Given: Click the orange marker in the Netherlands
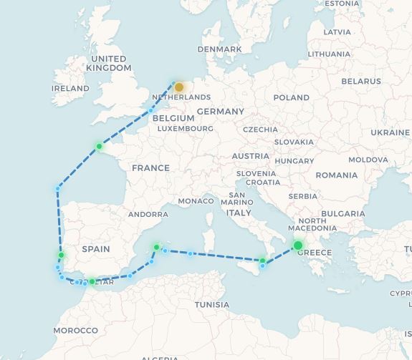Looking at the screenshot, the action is coord(179,87).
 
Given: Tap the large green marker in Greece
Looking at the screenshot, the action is coord(298,245).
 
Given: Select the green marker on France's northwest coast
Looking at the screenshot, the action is coord(100,147).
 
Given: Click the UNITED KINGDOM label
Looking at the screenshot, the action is coord(109,63).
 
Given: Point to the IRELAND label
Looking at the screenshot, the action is coord(70,89).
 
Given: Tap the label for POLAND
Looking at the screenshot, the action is coord(291,97).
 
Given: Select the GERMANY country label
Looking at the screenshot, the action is coord(221,112).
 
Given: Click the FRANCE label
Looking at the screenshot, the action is coord(150,168).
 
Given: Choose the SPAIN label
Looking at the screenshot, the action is coord(96,249).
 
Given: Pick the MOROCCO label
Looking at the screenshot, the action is coord(75,330).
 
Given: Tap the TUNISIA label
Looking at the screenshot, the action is coord(211,305).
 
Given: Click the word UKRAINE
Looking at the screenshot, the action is coord(390,133).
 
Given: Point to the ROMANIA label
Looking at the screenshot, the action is coord(336,175).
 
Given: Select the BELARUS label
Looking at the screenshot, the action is coord(361,82).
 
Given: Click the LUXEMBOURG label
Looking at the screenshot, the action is coord(185,129).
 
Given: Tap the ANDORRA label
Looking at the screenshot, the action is coord(148,214).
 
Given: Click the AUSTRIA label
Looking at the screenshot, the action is coord(250,156).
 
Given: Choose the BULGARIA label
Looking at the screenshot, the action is coord(343,214).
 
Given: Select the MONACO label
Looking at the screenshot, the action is coord(196,201).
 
